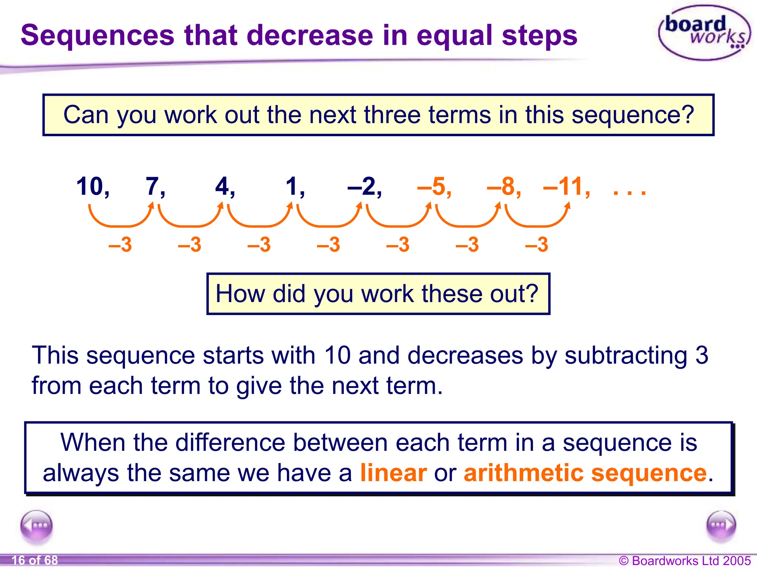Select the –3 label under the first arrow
click(120, 245)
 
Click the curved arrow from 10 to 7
click(120, 220)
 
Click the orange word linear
click(393, 473)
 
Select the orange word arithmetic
click(524, 473)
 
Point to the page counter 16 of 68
click(35, 560)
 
